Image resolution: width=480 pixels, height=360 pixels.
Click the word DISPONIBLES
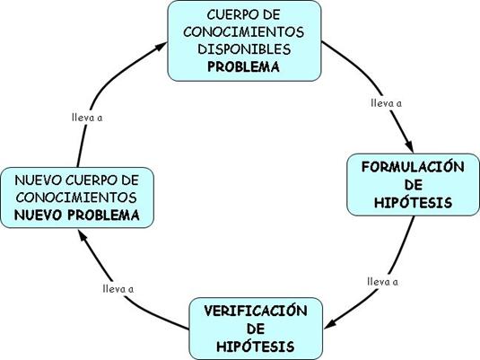(244, 49)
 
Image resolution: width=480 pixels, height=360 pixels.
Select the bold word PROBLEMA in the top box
(244, 66)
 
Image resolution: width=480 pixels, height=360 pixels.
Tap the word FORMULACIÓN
(413, 167)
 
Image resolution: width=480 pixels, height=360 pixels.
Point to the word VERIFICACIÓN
(256, 311)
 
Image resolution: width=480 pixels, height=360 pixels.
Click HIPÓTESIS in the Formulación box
(414, 203)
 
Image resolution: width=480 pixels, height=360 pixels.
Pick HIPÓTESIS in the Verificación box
(256, 347)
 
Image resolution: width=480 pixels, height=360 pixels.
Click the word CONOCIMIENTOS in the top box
(244, 31)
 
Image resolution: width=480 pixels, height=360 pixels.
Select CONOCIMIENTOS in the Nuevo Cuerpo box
(76, 198)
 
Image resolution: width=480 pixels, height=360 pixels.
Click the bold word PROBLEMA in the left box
(103, 215)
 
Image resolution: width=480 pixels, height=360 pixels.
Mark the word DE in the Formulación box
(414, 185)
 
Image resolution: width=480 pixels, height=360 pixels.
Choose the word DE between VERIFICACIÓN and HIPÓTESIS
(256, 329)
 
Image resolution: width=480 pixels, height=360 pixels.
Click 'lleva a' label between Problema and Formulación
(387, 103)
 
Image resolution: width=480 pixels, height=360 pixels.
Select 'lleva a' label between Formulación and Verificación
(382, 282)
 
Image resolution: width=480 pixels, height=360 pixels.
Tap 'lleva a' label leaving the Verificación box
(118, 289)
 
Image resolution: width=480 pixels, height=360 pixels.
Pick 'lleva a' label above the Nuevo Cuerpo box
(87, 118)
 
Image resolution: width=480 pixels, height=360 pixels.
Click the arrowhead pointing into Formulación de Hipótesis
(409, 145)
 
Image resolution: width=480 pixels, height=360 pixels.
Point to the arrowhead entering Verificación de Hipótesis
(331, 324)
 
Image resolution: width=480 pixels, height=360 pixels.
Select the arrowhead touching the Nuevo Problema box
(83, 236)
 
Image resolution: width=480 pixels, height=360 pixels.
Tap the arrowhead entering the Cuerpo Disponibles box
(161, 47)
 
